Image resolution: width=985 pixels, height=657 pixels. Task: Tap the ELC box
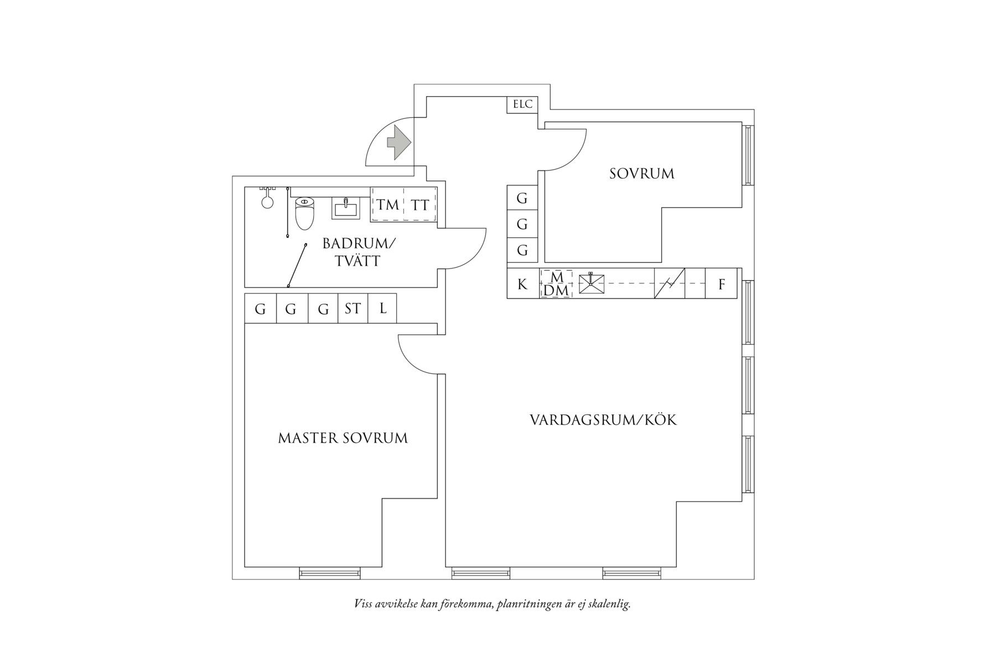522,104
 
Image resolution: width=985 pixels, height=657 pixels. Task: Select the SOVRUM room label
642,174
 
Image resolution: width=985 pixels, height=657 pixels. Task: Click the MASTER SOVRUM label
343,438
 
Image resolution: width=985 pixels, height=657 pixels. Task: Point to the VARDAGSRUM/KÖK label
603,420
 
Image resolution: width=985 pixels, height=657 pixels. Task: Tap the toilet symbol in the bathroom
304,214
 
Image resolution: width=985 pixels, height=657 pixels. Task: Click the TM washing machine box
388,205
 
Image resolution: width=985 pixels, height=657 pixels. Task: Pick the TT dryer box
420,205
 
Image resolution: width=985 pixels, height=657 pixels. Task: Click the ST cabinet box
352,308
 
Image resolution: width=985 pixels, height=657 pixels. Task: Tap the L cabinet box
383,308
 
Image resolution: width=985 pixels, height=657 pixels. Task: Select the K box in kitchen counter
522,284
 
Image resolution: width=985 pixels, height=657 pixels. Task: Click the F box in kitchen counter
721,284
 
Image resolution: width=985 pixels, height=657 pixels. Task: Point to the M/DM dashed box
556,284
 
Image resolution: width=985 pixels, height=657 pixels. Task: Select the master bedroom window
330,573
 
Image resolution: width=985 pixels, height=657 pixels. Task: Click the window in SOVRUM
748,155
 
